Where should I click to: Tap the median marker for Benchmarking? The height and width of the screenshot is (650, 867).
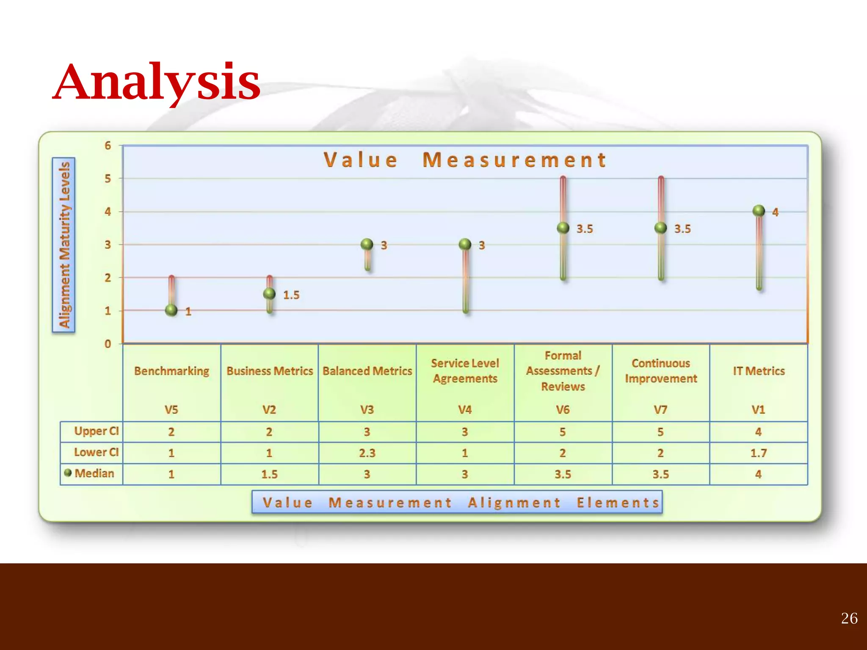tap(171, 310)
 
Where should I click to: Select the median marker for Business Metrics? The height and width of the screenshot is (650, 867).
tap(269, 294)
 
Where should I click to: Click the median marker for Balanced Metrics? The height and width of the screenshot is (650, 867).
tap(367, 244)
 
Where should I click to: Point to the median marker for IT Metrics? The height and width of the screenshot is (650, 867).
tap(759, 211)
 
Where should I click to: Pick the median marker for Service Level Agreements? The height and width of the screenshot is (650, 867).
tap(465, 244)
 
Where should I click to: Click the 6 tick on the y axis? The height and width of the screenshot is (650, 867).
tap(108, 146)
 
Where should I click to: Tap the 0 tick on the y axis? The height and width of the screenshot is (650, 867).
tap(108, 344)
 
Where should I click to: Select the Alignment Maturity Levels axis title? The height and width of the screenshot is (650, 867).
tap(64, 245)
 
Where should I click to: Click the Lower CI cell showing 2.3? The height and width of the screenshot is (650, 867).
tap(367, 453)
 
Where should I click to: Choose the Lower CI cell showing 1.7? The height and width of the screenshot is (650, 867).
tap(758, 453)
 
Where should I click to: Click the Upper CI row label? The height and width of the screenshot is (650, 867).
tap(96, 431)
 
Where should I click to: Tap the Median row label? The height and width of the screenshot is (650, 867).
tap(94, 473)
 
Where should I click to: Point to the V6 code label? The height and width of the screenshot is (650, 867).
tap(563, 410)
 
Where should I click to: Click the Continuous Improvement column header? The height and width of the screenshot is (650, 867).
tap(660, 371)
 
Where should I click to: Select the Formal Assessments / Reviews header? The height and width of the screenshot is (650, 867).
tap(563, 371)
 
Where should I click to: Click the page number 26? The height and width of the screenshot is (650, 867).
tap(849, 618)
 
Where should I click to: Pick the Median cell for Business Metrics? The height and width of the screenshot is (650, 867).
tap(269, 474)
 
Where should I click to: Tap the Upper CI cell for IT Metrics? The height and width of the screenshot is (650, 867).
tap(758, 432)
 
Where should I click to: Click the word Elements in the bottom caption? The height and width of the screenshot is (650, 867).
tap(618, 502)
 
